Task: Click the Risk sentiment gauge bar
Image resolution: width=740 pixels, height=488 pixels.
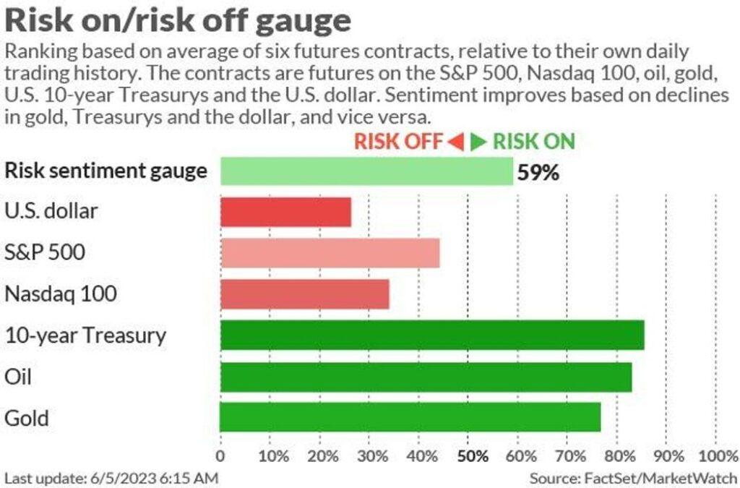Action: click(x=366, y=171)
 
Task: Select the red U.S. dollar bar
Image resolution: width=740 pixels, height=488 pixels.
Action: click(x=285, y=212)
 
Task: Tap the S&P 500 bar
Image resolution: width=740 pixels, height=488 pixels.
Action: click(x=330, y=253)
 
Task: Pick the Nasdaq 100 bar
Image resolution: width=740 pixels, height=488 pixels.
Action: click(x=304, y=294)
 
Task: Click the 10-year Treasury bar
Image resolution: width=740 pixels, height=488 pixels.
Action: click(x=432, y=335)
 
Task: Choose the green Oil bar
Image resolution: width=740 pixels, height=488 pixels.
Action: click(x=426, y=377)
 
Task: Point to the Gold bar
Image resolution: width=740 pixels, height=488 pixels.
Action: click(x=410, y=417)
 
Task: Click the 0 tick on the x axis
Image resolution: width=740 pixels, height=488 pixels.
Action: click(x=220, y=456)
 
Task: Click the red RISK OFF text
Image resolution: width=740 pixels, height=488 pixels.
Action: click(x=397, y=141)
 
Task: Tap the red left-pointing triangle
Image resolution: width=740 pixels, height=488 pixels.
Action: click(x=455, y=142)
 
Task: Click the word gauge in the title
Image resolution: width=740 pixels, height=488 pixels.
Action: click(x=303, y=21)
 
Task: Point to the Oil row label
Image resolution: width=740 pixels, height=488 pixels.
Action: click(x=17, y=377)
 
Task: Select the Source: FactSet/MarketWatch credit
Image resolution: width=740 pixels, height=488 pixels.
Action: click(x=632, y=478)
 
